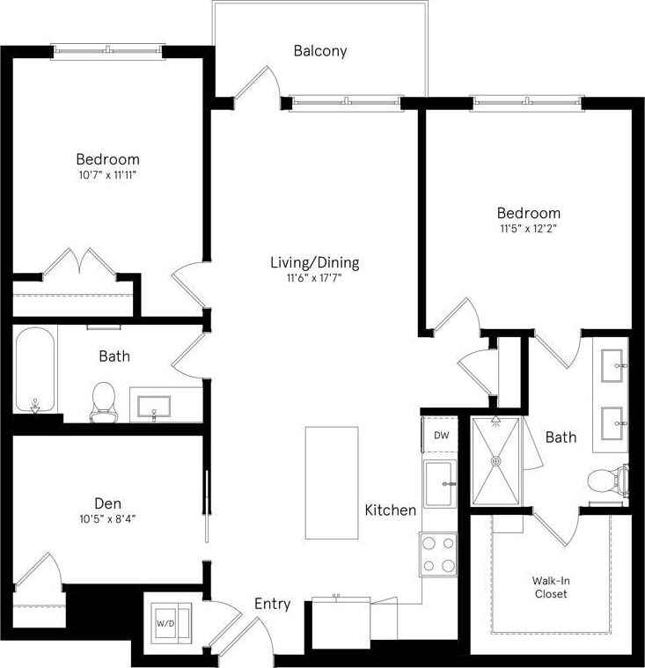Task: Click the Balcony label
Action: click(x=320, y=51)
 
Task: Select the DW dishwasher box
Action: click(x=439, y=435)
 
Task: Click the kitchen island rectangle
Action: click(x=332, y=482)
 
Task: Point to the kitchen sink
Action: click(x=439, y=484)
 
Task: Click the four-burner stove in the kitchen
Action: click(x=438, y=554)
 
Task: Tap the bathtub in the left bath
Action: click(x=36, y=370)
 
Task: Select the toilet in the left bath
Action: click(x=104, y=400)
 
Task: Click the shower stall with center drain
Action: click(x=497, y=460)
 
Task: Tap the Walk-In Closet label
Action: click(x=550, y=587)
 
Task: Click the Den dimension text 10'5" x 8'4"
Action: click(x=107, y=518)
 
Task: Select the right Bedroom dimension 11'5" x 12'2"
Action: click(x=528, y=228)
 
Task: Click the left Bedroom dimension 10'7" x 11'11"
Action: click(x=107, y=175)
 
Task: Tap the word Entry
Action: click(x=272, y=604)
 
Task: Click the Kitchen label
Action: click(x=391, y=510)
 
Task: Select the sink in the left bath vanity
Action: click(x=156, y=406)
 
